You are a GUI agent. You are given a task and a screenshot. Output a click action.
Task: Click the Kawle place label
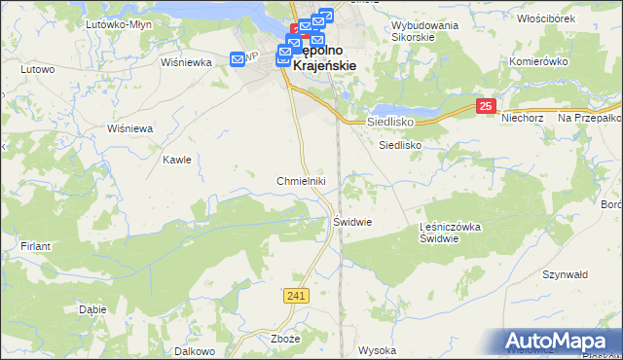tap(176, 160)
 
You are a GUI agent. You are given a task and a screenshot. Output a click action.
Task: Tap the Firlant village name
tap(36, 247)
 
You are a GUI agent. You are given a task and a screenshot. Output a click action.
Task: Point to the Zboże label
tap(286, 339)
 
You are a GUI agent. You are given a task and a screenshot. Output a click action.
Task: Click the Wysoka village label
tap(378, 350)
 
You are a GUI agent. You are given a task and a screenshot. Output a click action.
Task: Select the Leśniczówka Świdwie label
tap(452, 233)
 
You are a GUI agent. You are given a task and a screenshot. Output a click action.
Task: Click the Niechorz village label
tap(521, 118)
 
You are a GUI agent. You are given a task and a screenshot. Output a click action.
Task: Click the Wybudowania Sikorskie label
tap(424, 32)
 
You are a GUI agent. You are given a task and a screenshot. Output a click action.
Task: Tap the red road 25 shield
tap(488, 106)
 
